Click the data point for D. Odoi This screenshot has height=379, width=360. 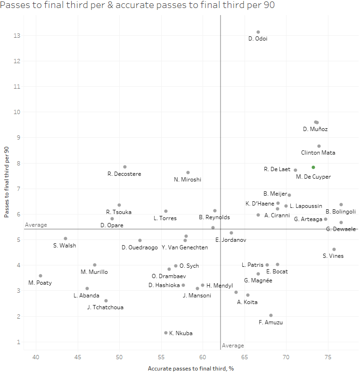(x=258, y=32)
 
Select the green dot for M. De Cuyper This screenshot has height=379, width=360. (x=313, y=167)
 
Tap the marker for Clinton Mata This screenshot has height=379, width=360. (x=319, y=146)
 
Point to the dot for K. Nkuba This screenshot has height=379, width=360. (x=166, y=333)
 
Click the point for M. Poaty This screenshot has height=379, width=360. (x=41, y=276)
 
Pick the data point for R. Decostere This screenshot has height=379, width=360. (x=125, y=167)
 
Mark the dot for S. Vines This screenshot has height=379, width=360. (x=334, y=249)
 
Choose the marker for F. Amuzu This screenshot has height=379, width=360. (x=271, y=315)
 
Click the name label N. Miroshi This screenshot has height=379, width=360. (x=188, y=180)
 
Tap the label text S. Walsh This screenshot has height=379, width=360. (x=65, y=246)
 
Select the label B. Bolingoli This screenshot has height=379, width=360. (x=341, y=212)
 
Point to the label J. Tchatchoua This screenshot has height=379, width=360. (x=106, y=307)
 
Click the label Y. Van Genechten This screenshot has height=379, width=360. (x=185, y=247)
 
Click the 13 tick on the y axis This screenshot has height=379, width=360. (x=17, y=35)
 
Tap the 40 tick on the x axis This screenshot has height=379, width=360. (x=36, y=357)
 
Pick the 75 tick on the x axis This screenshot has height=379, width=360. (x=327, y=357)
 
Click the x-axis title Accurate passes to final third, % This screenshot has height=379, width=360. (x=191, y=369)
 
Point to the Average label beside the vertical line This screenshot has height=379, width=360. (x=233, y=346)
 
